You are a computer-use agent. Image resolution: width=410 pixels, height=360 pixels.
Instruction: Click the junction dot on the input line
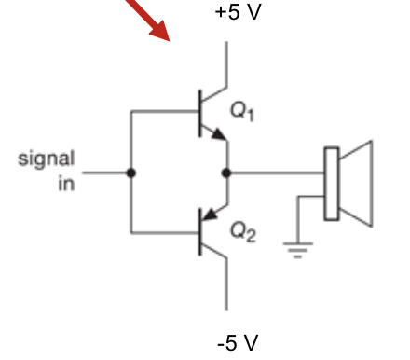click(130, 173)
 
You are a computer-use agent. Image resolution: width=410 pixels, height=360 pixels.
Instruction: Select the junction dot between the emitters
click(226, 173)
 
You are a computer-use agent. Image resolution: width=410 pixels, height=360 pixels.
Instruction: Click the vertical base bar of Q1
click(200, 112)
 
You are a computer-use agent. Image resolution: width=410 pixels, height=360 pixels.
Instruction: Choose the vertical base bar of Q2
click(200, 233)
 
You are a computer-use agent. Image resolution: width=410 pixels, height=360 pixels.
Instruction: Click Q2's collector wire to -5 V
click(226, 284)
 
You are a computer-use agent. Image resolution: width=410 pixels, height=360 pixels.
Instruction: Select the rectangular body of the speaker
click(331, 184)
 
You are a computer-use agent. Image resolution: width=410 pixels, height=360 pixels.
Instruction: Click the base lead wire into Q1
click(164, 112)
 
